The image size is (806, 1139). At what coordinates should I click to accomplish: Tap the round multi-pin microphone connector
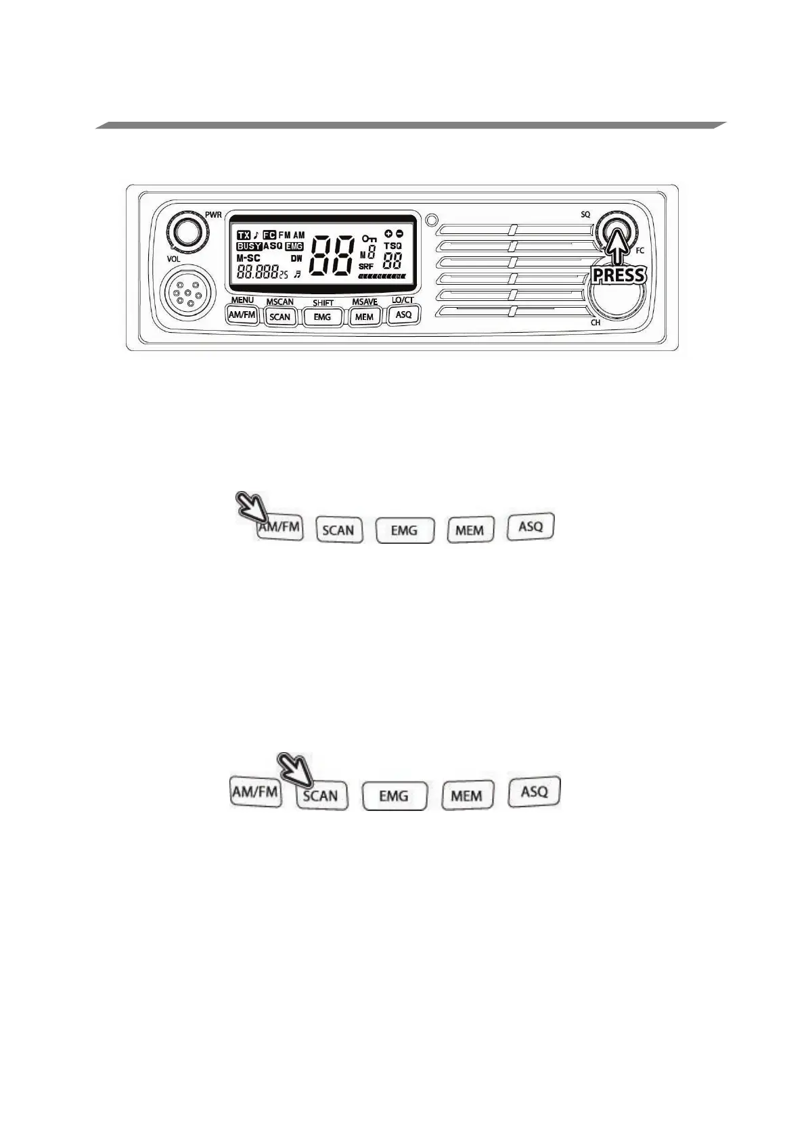[x=187, y=295]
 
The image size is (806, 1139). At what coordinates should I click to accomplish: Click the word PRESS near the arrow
[x=619, y=275]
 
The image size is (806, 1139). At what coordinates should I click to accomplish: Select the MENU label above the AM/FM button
[x=242, y=300]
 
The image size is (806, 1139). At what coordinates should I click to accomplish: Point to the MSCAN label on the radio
[x=279, y=302]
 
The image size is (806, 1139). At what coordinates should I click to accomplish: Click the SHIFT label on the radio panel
[x=323, y=302]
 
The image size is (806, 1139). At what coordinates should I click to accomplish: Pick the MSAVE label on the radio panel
[x=365, y=302]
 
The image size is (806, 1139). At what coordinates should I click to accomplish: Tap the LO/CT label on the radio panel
[x=403, y=300]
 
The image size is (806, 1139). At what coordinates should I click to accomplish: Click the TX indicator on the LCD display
[x=244, y=235]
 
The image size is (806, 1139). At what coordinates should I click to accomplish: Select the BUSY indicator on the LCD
[x=248, y=246]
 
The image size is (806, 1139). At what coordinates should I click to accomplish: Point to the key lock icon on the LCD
[x=369, y=239]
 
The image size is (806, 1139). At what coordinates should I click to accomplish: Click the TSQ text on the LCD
[x=393, y=246]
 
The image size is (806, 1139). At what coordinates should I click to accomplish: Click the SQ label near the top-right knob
[x=585, y=214]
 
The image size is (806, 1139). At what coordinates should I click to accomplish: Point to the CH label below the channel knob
[x=596, y=323]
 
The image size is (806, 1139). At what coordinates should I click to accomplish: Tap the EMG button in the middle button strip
[x=404, y=530]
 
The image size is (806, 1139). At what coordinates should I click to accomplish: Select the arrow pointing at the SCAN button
[x=296, y=769]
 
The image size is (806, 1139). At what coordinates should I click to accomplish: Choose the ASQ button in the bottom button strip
[x=535, y=791]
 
